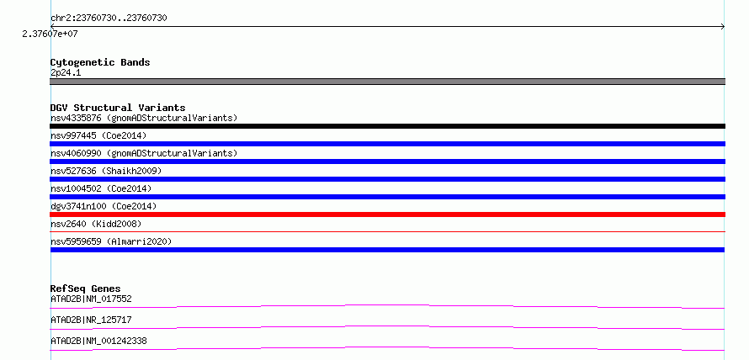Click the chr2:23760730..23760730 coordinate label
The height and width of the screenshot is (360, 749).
109,19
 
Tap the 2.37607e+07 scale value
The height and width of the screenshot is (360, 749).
50,34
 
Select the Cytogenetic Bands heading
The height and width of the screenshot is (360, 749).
100,62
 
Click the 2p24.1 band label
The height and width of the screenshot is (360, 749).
66,72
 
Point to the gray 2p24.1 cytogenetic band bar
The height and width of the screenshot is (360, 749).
387,82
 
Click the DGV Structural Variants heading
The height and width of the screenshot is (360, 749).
118,108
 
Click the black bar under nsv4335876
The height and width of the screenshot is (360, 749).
387,126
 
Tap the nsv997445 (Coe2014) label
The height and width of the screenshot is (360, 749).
98,135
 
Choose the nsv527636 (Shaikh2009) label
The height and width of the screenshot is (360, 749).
106,171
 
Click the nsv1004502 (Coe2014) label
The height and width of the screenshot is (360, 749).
101,188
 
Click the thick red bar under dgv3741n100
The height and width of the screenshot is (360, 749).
387,214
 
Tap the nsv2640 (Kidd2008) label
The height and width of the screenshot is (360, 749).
96,224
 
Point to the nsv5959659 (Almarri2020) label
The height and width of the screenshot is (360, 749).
111,241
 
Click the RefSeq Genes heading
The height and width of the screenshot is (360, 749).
86,289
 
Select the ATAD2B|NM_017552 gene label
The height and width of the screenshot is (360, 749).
91,299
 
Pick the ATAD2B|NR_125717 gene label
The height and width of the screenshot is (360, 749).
91,320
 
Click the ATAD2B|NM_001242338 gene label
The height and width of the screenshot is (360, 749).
98,341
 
